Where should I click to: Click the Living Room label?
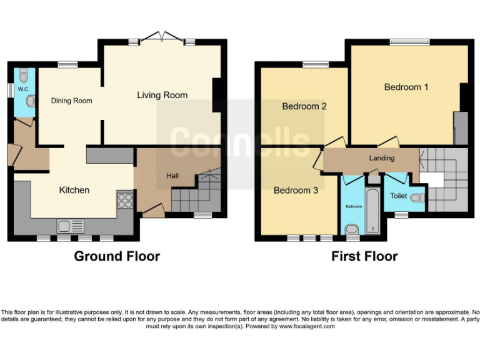tap(162, 95)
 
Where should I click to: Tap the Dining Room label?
tap(71, 101)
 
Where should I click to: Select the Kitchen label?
tap(74, 190)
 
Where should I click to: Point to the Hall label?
tap(172, 176)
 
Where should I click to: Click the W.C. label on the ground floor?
tap(24, 89)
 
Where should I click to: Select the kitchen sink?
tap(66, 226)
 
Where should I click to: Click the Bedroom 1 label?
tap(406, 87)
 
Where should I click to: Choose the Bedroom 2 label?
tap(304, 106)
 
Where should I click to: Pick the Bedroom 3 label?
tap(296, 190)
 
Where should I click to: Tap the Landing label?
tap(382, 158)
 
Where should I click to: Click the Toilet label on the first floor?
tap(398, 196)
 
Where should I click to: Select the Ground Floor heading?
tap(117, 256)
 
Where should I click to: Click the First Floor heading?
tap(364, 256)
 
